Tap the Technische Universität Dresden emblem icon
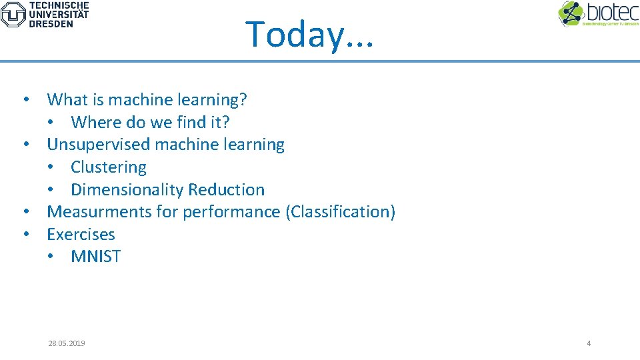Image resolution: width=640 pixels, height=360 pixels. click(13, 14)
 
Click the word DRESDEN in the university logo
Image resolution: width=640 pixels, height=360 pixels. click(51, 23)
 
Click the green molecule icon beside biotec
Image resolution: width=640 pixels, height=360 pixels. click(571, 13)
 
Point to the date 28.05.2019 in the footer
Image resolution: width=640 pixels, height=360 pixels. click(67, 343)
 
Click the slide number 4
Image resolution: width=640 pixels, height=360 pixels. click(589, 343)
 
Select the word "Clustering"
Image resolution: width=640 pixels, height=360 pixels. click(109, 167)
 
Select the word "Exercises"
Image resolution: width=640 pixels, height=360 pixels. click(81, 235)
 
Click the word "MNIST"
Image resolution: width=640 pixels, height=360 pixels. click(95, 257)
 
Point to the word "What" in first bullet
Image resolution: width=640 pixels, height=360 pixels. click(63, 100)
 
